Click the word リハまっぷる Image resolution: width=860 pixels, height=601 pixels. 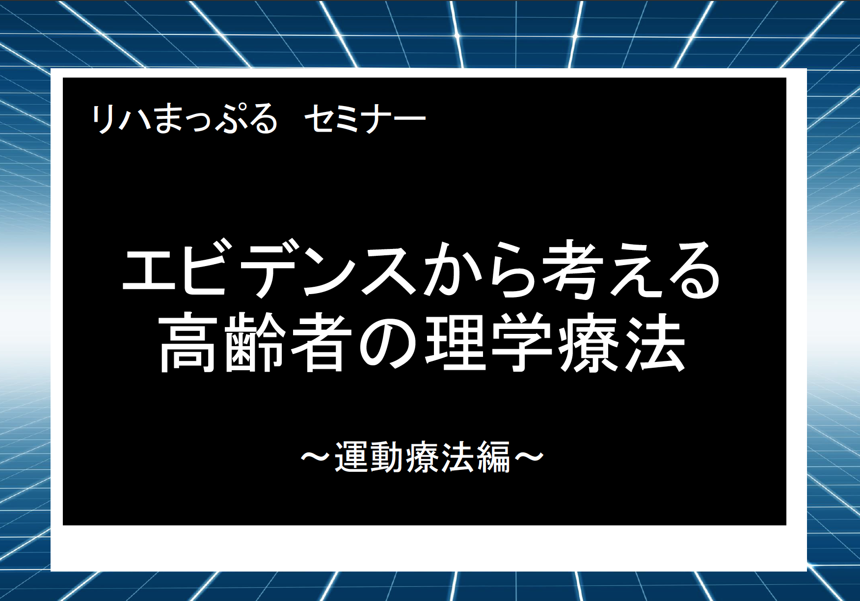[185, 119]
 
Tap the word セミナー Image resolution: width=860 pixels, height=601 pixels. [365, 119]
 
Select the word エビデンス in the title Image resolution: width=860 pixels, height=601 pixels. [268, 270]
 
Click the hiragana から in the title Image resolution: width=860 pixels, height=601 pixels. [477, 270]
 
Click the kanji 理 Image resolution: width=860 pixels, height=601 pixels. [455, 343]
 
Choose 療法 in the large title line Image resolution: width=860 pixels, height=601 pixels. [621, 343]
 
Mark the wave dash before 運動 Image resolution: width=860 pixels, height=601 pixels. [317, 457]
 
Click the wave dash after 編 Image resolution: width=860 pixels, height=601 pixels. [529, 457]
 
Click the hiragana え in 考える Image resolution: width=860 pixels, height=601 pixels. [633, 270]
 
